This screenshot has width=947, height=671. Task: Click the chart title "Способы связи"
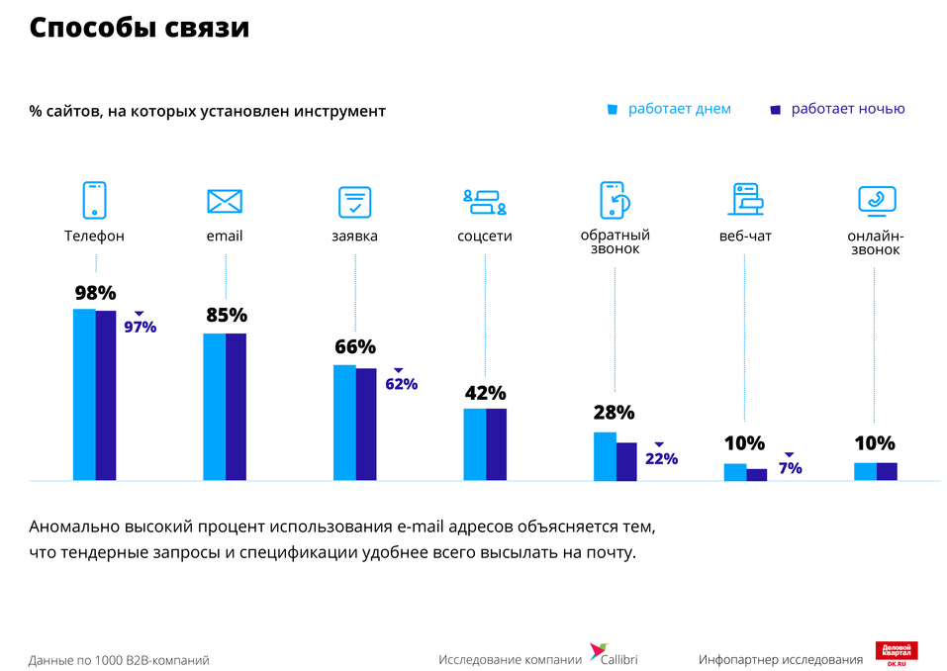pos(139,29)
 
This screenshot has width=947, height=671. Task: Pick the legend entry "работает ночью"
pos(837,109)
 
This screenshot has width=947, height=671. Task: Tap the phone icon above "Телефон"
pos(94,200)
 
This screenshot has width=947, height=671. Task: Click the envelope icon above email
pos(225,201)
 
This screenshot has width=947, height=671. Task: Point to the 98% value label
pos(95,293)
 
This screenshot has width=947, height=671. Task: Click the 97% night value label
pos(140,327)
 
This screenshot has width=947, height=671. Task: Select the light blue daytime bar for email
pos(214,407)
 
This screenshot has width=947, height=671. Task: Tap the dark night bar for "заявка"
pos(366,425)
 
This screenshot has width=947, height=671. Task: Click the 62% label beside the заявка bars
pos(401,384)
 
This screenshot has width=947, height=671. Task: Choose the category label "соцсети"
pos(485,237)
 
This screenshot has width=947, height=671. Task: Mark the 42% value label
pos(485,393)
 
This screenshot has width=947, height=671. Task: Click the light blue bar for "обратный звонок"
pos(605,456)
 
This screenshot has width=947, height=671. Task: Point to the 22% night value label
pos(661,458)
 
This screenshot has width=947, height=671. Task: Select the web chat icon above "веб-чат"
pos(745,200)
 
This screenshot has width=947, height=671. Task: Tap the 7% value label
pos(790,468)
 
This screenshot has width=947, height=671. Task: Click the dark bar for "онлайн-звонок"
pos(887,471)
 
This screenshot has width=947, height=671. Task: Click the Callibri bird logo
pos(598,651)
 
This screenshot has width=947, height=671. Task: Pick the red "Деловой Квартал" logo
pos(897,653)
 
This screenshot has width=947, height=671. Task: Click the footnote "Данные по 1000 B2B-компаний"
pos(119,660)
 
